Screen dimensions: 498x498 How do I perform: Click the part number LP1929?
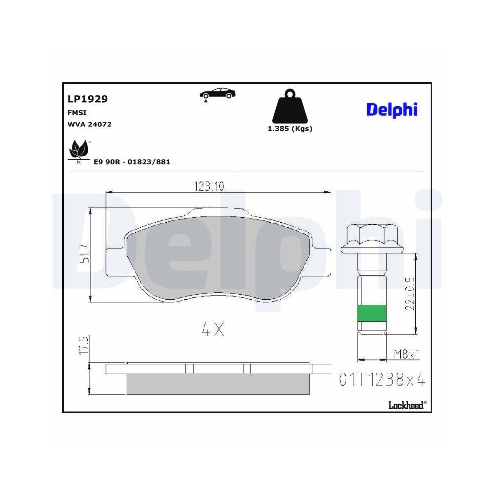pyautogui.click(x=87, y=99)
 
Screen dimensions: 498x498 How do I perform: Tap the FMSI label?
pyautogui.click(x=77, y=113)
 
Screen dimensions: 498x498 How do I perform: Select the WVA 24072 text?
pyautogui.click(x=90, y=124)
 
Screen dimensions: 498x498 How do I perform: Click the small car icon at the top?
pyautogui.click(x=217, y=94)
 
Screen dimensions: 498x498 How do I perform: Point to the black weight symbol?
pyautogui.click(x=290, y=106)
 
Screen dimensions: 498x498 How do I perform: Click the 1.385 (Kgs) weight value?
pyautogui.click(x=290, y=129)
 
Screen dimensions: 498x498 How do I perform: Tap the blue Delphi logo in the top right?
pyautogui.click(x=392, y=110)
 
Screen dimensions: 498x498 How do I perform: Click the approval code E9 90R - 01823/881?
pyautogui.click(x=132, y=162)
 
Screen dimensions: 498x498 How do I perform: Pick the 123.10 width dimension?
pyautogui.click(x=209, y=186)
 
